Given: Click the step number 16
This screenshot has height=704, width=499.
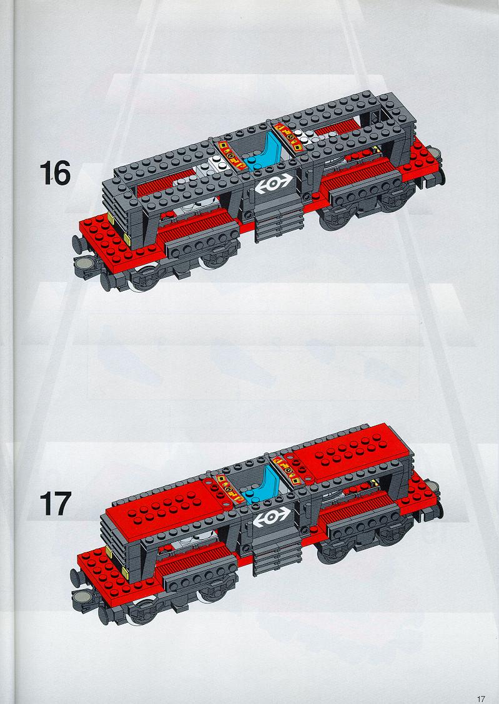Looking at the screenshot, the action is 55,173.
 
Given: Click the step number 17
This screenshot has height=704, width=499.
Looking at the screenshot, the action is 55,503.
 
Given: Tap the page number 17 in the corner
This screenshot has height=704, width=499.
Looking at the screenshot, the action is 481,698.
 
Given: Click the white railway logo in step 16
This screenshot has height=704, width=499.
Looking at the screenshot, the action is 274,183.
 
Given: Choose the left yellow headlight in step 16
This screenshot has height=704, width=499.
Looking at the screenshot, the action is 111,218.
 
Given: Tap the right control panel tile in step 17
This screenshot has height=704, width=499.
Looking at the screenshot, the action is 287,469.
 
